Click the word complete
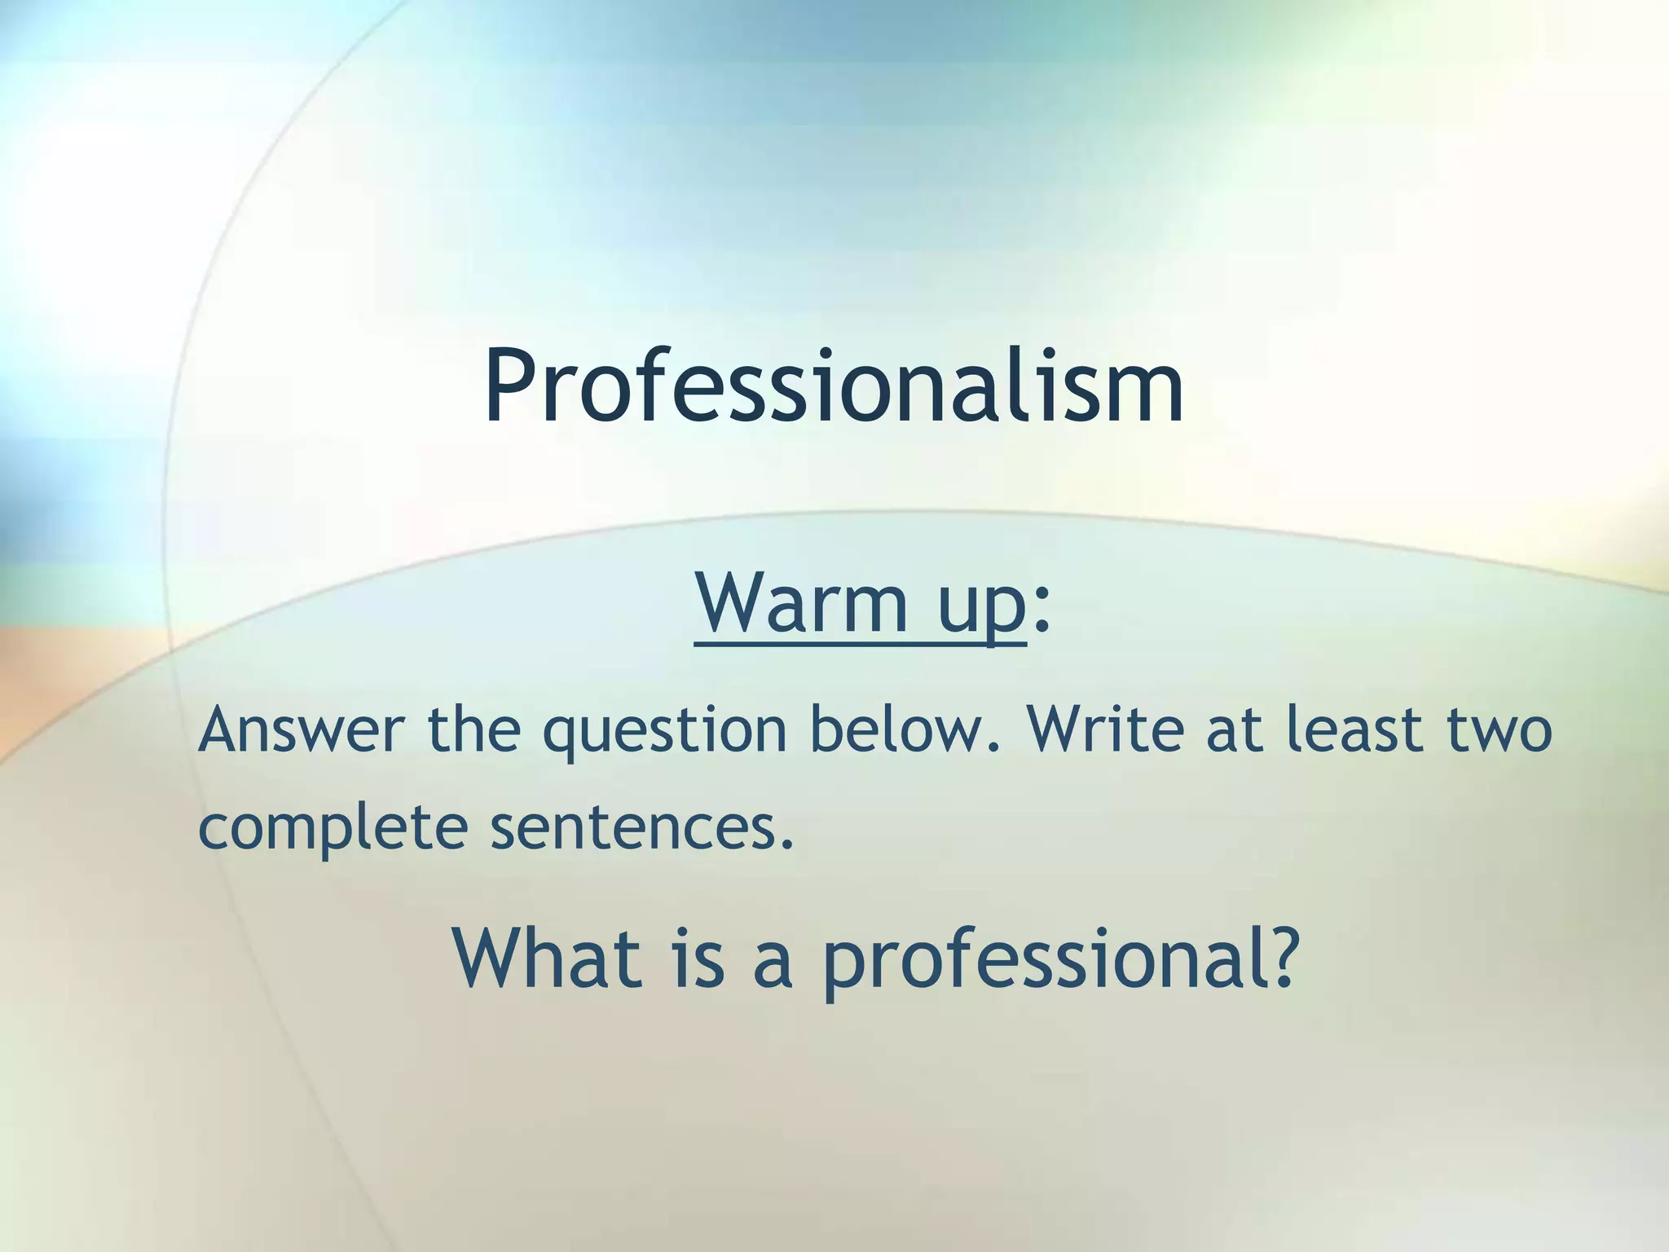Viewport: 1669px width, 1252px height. pyautogui.click(x=333, y=828)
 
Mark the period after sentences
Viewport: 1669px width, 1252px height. pyautogui.click(x=786, y=844)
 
